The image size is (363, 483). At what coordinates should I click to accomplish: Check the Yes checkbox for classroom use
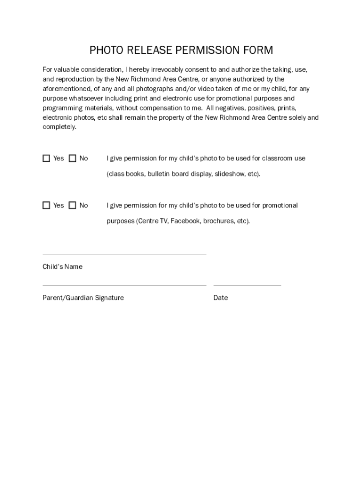coord(46,158)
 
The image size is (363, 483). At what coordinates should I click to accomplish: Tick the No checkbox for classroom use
coord(72,158)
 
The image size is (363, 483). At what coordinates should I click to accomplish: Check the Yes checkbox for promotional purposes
coord(46,205)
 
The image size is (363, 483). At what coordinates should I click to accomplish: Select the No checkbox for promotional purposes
coord(72,205)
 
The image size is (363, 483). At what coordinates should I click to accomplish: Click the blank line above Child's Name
coord(124,254)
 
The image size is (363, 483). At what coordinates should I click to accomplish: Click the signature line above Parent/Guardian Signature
coord(124,284)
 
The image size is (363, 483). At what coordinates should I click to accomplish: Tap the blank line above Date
coord(247,284)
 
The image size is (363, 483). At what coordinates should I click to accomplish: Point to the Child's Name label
coord(62,266)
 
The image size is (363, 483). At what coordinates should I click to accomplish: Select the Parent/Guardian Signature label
coord(83,298)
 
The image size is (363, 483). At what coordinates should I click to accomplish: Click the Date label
coord(220,298)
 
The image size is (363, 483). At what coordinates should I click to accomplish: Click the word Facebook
coord(185,221)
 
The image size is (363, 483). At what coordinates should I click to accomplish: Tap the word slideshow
coord(230,174)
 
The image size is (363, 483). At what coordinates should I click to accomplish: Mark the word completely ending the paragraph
coord(59,127)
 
